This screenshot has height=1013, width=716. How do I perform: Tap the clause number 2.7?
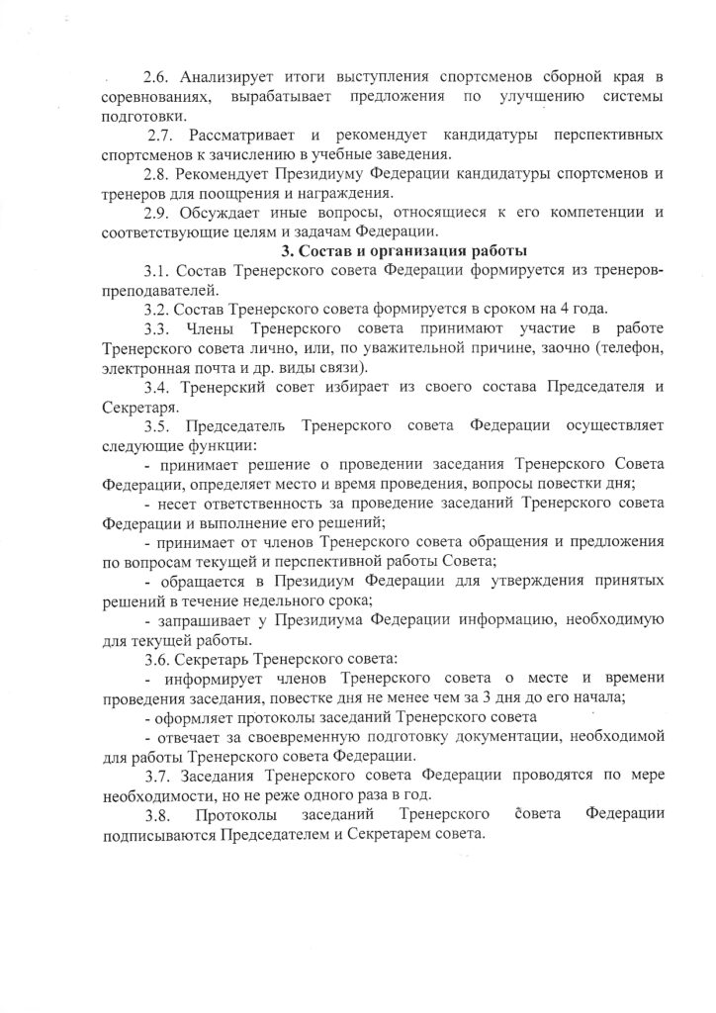pyautogui.click(x=163, y=134)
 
